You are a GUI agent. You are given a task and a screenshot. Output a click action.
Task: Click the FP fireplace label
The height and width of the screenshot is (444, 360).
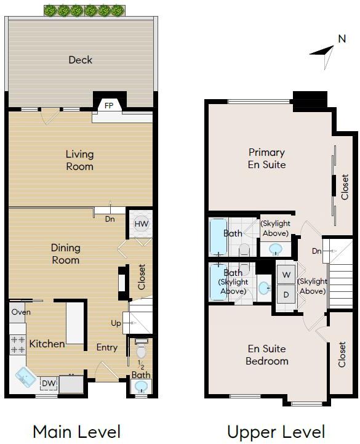tap(109, 106)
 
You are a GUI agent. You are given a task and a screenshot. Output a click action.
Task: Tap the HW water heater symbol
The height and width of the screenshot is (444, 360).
tap(141, 224)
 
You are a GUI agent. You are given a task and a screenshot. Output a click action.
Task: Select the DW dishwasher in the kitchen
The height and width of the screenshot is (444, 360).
tap(49, 384)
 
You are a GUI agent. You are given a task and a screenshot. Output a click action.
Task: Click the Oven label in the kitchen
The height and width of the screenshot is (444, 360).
tap(21, 312)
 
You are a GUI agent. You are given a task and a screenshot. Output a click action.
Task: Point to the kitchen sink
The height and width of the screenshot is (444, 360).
tap(25, 377)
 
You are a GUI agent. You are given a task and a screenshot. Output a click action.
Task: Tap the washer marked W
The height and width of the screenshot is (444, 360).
tap(286, 275)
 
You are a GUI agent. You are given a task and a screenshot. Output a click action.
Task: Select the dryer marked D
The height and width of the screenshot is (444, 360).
tap(286, 294)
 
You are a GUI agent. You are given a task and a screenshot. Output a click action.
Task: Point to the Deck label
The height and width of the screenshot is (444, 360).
tap(81, 60)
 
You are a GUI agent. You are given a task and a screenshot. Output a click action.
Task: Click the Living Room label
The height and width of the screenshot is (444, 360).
tap(79, 160)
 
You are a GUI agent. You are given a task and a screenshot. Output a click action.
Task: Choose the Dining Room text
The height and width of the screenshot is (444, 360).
tap(66, 254)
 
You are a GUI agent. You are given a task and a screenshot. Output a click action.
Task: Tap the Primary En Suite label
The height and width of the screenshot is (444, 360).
tap(266, 158)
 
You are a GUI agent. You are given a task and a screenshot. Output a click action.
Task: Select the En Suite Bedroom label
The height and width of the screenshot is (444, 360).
tap(267, 355)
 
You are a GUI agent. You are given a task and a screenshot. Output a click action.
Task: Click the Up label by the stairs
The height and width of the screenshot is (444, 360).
tap(116, 323)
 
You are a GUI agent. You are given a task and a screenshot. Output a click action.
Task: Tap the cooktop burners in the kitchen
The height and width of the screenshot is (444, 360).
tap(18, 345)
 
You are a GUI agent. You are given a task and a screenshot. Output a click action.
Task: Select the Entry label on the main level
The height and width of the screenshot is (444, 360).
tap(107, 347)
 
